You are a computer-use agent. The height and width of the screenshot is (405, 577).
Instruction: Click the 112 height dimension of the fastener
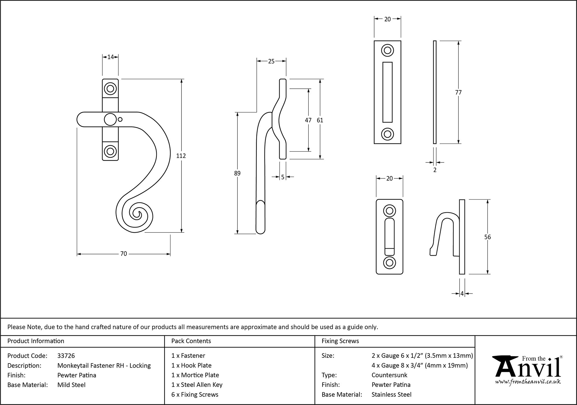point(181,156)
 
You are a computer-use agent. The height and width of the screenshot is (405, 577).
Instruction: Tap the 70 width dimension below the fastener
point(123,254)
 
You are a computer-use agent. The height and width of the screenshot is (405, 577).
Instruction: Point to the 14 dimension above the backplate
point(110,57)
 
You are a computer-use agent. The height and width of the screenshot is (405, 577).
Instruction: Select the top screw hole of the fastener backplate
point(110,88)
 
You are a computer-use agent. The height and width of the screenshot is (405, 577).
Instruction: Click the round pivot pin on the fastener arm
point(110,120)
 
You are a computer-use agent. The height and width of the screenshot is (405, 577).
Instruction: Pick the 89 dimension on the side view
point(237,173)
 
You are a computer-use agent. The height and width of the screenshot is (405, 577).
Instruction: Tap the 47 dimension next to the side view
point(308,120)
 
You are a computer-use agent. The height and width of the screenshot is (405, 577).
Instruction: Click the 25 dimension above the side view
point(271,61)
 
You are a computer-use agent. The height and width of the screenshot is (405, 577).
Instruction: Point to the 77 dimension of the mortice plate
point(458,92)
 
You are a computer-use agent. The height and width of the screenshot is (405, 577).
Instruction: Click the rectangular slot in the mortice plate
point(387,92)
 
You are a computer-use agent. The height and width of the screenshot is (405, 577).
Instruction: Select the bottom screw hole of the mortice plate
point(387,134)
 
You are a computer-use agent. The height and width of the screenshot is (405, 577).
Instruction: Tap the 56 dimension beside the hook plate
point(487,237)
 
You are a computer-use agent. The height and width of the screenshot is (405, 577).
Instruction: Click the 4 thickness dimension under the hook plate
point(462,294)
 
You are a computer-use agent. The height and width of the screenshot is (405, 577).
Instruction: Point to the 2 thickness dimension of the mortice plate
point(435,170)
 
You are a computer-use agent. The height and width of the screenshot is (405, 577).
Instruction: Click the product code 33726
point(66,356)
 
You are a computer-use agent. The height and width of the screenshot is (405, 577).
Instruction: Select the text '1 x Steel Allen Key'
point(197,385)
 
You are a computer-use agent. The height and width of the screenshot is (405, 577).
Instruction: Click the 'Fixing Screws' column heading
point(340,341)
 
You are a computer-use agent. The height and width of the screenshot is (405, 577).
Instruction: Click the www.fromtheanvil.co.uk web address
point(528,382)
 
